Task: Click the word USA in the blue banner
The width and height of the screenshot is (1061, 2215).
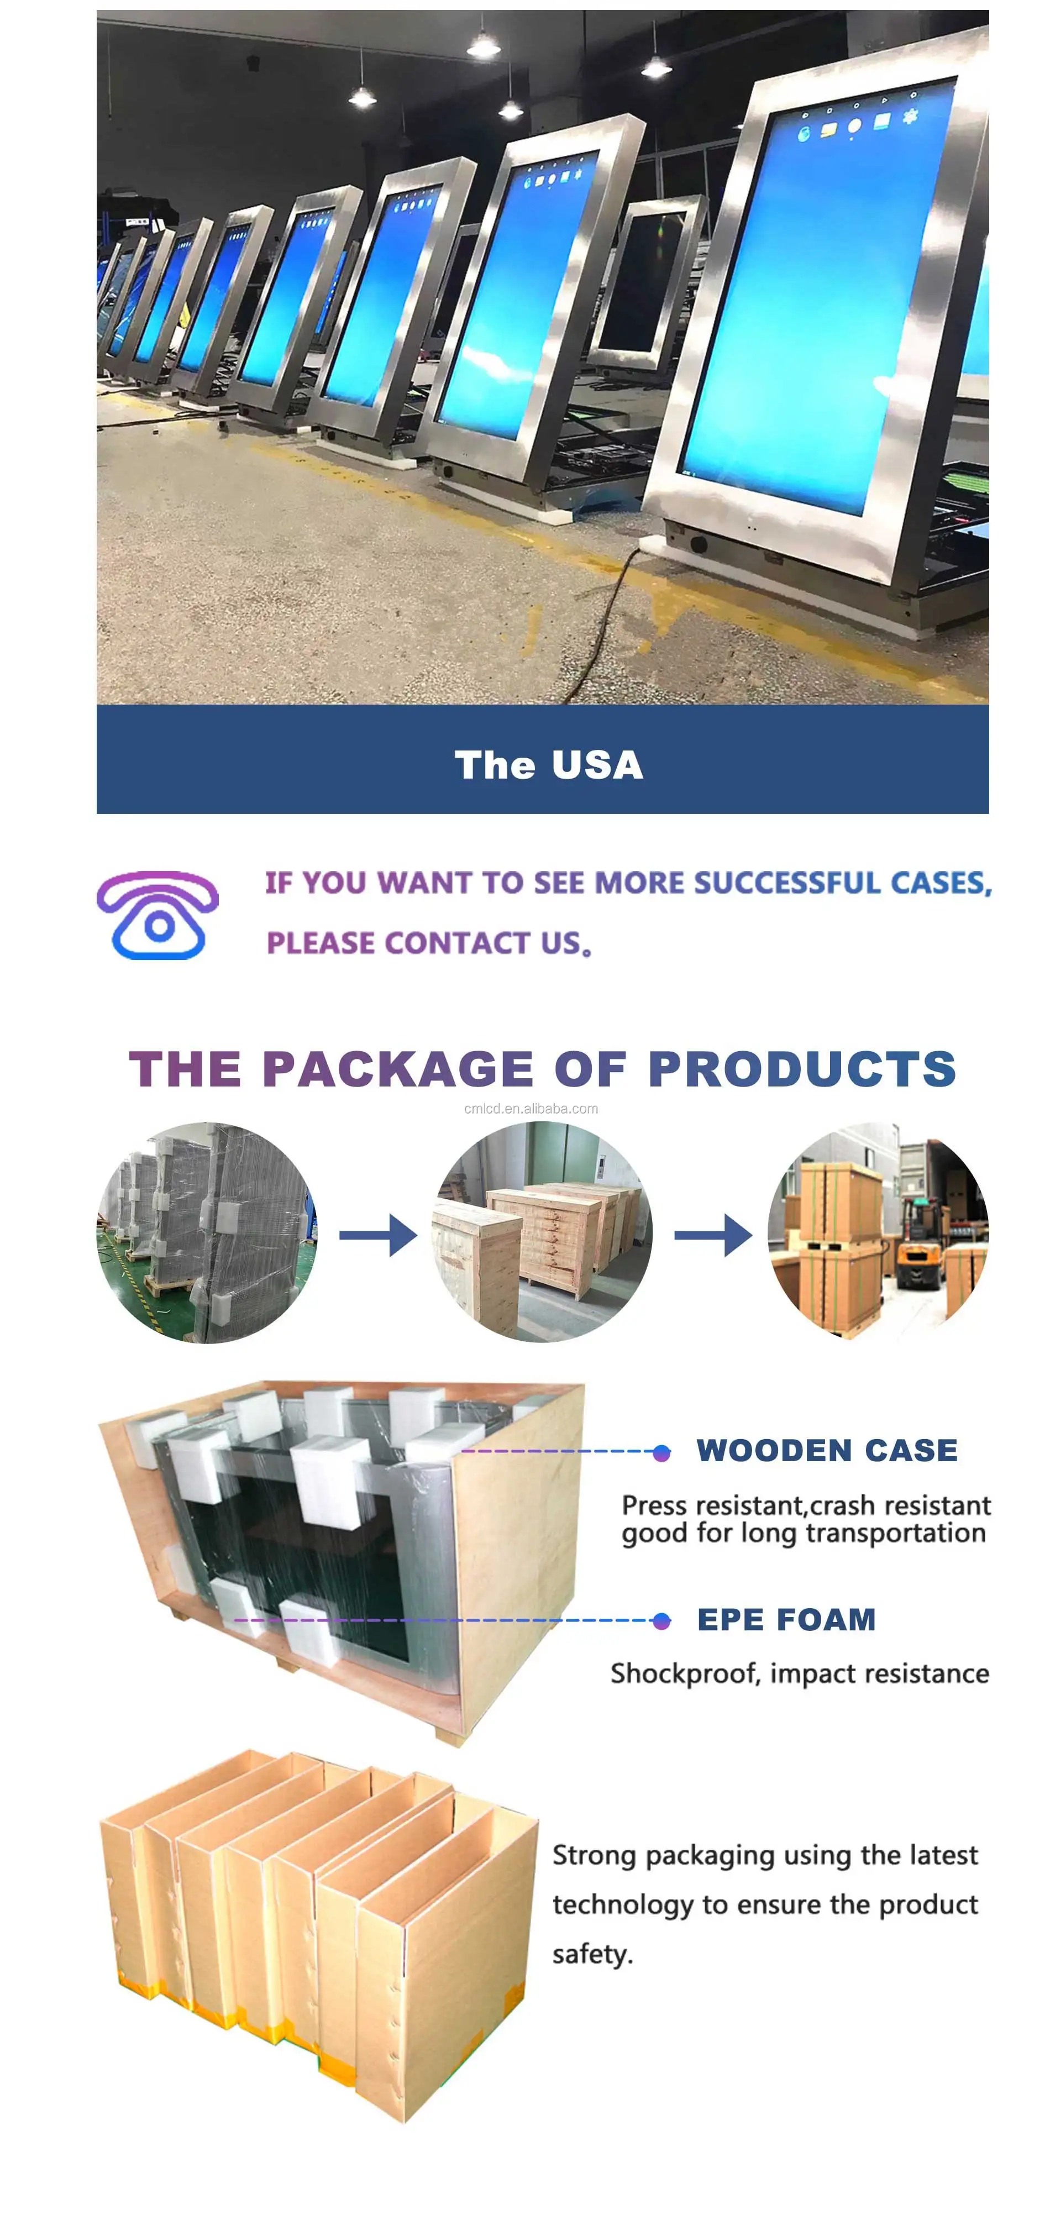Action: tap(597, 764)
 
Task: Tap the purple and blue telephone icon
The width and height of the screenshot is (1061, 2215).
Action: tap(157, 915)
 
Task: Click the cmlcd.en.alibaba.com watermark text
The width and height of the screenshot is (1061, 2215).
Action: tap(530, 1109)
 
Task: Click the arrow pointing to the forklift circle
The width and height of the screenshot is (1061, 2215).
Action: tap(713, 1235)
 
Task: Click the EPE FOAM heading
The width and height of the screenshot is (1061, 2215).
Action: tap(786, 1620)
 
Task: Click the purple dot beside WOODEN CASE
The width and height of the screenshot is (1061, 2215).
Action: tap(661, 1453)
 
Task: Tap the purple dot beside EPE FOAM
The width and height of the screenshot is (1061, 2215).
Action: tap(661, 1621)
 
